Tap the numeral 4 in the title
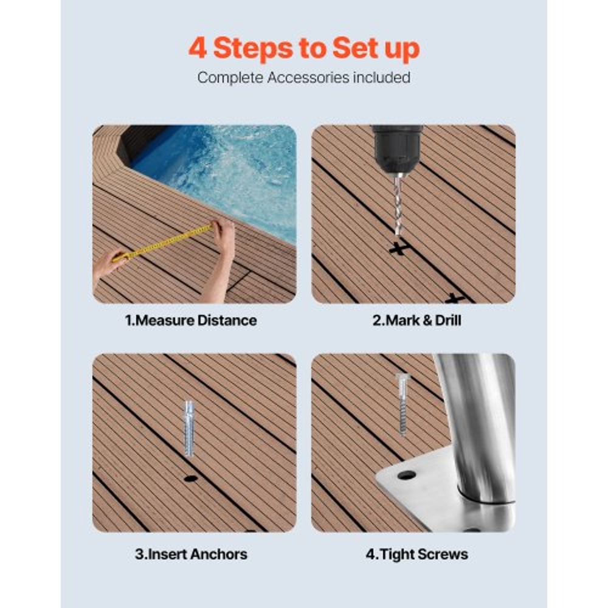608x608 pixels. pyautogui.click(x=198, y=49)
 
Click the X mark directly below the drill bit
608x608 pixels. pyautogui.click(x=398, y=248)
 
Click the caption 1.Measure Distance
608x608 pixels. pyautogui.click(x=191, y=320)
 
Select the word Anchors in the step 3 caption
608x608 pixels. pyautogui.click(x=218, y=554)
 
